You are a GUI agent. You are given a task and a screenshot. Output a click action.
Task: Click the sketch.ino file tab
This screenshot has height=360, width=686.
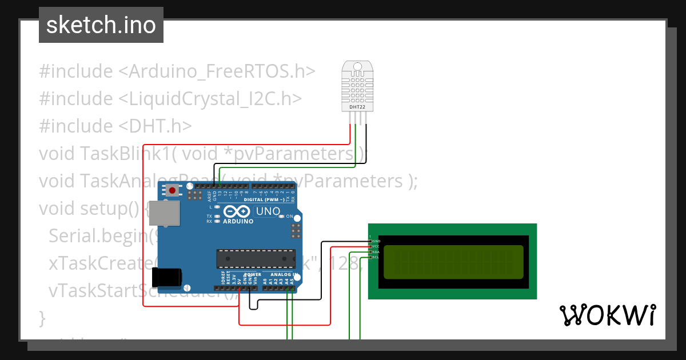click(101, 25)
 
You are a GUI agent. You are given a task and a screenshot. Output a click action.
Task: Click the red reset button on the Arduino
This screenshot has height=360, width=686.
click(171, 190)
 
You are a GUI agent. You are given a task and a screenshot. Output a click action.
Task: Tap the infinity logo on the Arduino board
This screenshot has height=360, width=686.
click(237, 211)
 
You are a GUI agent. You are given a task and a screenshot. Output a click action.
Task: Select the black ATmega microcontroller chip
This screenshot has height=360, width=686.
click(256, 258)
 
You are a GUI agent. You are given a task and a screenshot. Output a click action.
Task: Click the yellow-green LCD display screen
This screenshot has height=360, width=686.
click(453, 262)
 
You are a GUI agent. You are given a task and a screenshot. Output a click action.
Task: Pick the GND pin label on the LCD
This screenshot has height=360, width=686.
click(376, 241)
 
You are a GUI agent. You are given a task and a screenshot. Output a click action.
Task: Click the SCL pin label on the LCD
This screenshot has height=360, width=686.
click(376, 257)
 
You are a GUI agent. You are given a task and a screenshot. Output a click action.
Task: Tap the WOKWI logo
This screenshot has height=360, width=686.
click(607, 315)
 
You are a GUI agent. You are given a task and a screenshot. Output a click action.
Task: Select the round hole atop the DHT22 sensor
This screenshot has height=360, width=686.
click(358, 66)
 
